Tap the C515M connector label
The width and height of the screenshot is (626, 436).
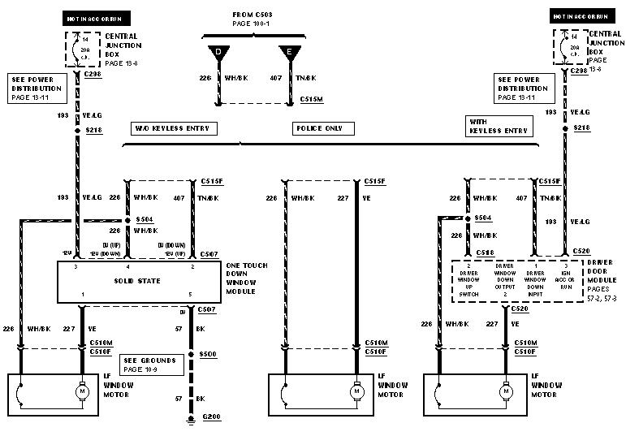(312, 98)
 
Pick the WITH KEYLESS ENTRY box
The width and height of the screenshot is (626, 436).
(499, 126)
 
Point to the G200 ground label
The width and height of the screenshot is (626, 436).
(211, 417)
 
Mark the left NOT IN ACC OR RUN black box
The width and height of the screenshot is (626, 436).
(98, 16)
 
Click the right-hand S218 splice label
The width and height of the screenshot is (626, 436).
(582, 128)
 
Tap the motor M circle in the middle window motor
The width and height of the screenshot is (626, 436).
(355, 392)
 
